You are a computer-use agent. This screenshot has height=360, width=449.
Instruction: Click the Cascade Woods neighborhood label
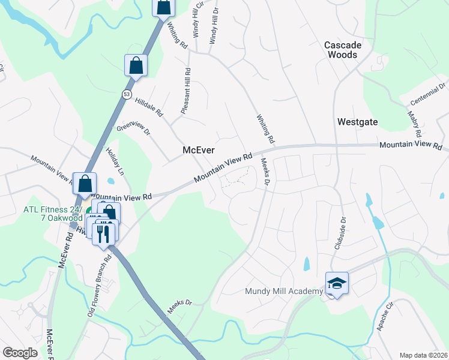[349, 50]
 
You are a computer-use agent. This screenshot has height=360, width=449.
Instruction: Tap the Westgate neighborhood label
[357, 122]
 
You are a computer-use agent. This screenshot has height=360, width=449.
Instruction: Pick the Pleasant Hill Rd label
[186, 91]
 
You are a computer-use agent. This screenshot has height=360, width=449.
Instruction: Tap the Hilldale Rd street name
[148, 107]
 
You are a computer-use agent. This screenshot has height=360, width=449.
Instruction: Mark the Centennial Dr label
[430, 93]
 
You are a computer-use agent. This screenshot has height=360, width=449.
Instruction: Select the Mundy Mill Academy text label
[284, 292]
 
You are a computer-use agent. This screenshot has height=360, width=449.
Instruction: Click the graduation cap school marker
[337, 284]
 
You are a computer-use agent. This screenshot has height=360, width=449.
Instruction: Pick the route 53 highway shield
[126, 94]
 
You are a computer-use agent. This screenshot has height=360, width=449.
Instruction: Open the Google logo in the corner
[20, 353]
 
